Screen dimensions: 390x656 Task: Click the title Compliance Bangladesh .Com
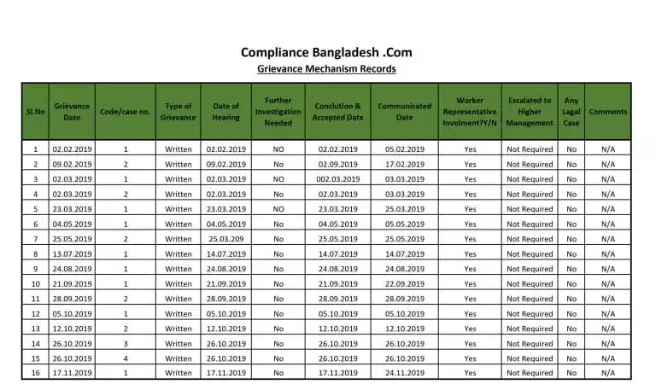click(327, 52)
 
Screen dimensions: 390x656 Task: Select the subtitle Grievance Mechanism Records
click(327, 69)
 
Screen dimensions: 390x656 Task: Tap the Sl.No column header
click(35, 111)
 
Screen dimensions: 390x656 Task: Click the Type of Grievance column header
click(179, 111)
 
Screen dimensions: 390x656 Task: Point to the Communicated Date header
click(404, 111)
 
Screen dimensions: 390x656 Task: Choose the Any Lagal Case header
click(571, 111)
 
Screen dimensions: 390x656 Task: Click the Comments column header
click(607, 111)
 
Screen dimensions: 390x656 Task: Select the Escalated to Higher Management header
click(530, 111)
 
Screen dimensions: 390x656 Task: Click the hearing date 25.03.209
click(226, 239)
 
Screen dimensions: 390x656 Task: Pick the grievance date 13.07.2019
click(73, 254)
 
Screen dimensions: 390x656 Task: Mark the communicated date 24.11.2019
click(404, 373)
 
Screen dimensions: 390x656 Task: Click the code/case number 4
click(125, 358)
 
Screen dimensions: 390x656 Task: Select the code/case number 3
click(125, 343)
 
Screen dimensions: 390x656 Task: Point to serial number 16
click(35, 373)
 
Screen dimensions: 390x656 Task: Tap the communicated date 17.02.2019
click(404, 164)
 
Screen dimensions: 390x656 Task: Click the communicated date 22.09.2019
click(404, 284)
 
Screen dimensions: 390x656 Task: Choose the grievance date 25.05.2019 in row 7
click(73, 239)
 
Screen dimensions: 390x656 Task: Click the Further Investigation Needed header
click(278, 111)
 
